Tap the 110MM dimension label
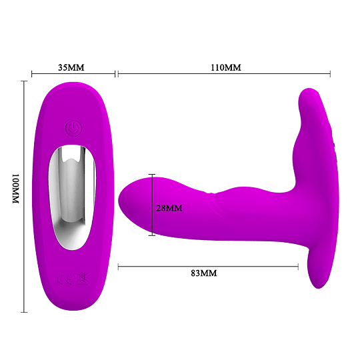coord(225,68)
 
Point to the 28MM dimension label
coord(169,208)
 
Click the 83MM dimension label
coord(203,273)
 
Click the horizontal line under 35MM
coord(73,74)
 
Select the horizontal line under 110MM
coord(224,74)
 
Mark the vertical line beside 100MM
coord(25,196)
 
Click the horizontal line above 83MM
coord(207,267)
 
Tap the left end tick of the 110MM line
coord(118,74)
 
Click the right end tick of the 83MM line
coord(298,267)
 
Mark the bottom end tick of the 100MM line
coord(25,311)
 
